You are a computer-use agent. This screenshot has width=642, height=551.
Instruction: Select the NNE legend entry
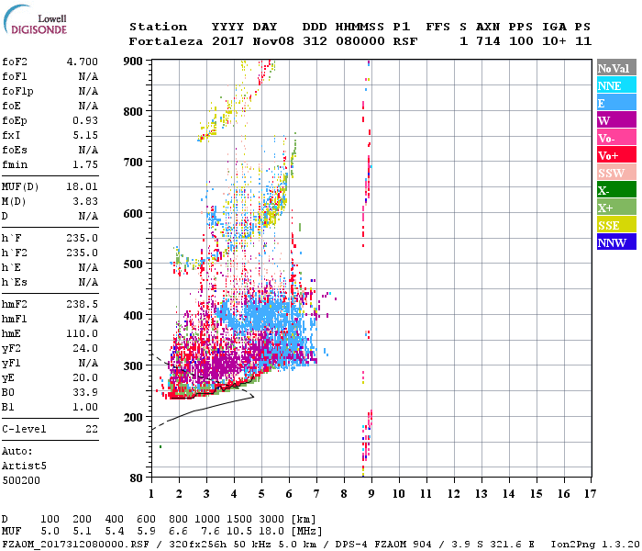tap(610, 85)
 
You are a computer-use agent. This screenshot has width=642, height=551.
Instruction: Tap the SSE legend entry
tap(610, 225)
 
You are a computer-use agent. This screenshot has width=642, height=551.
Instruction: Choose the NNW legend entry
tap(612, 242)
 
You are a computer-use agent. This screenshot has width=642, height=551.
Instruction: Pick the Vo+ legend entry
tap(608, 155)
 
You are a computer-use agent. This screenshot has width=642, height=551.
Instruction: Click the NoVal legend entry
tap(612, 68)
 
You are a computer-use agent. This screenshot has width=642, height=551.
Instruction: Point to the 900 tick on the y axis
tap(134, 61)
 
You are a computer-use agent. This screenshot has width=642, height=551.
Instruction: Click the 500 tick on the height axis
tap(134, 264)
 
